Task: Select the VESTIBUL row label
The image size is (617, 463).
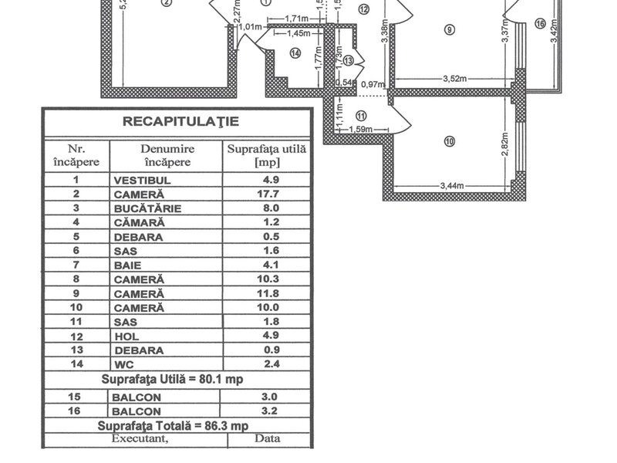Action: click(142, 181)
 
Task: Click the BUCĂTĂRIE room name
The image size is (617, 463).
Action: click(147, 208)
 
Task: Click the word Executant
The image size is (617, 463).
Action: click(139, 438)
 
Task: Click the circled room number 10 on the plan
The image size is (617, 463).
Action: click(450, 140)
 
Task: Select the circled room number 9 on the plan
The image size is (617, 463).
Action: click(450, 30)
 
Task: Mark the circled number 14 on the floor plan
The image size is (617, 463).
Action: click(295, 52)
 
